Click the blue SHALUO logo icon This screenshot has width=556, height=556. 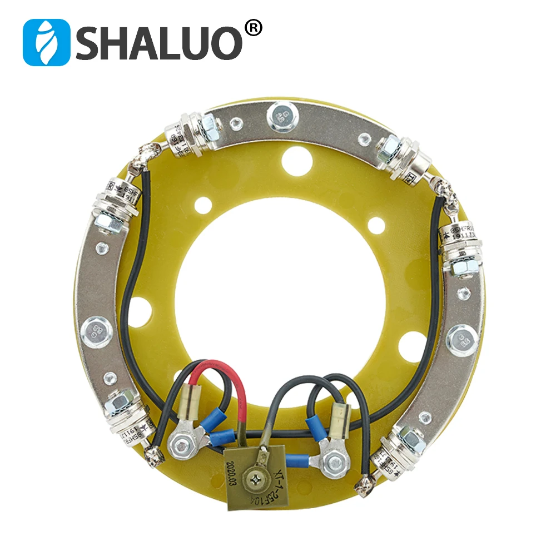point(46,42)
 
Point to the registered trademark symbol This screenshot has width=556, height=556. point(253,28)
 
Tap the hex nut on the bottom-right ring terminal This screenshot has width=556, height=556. point(332,459)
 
